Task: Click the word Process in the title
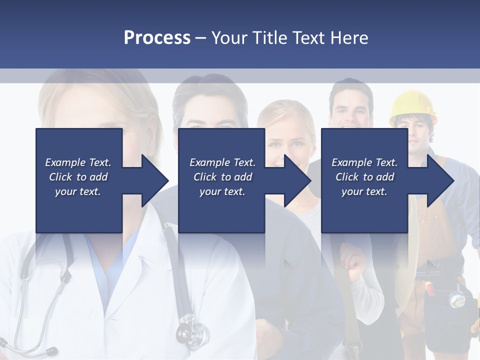[157, 38]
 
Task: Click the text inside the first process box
[78, 177]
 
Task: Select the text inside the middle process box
[222, 177]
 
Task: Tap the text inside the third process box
[364, 177]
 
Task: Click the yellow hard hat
[412, 105]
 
